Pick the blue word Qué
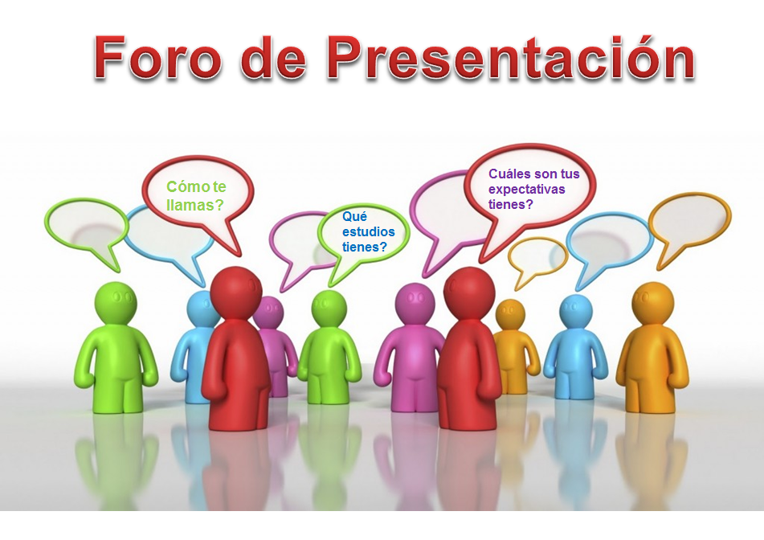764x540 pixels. pos(354,217)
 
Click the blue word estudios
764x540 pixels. pos(369,231)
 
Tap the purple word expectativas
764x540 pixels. pos(527,190)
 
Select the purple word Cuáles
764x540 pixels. pos(509,174)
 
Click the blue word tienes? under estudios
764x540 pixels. pos(365,247)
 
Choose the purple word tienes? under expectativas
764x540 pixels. pos(511,204)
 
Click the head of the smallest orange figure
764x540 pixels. pos(510,314)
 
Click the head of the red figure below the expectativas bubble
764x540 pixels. pos(469,292)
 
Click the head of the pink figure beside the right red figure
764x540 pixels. pos(415,302)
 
